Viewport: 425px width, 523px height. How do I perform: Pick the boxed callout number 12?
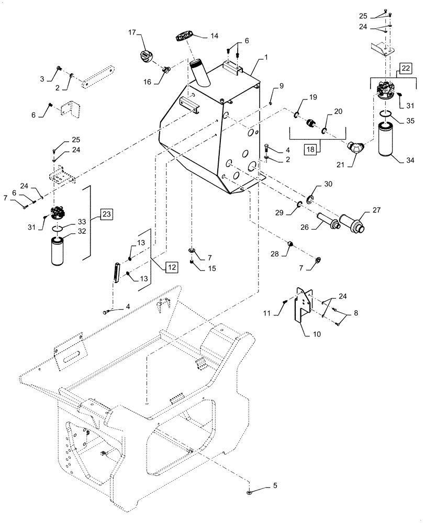coord(172,267)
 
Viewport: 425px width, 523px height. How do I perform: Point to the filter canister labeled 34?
coord(389,139)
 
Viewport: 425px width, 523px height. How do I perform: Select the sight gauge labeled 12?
coord(116,272)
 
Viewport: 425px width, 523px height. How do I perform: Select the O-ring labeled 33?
coord(61,228)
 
